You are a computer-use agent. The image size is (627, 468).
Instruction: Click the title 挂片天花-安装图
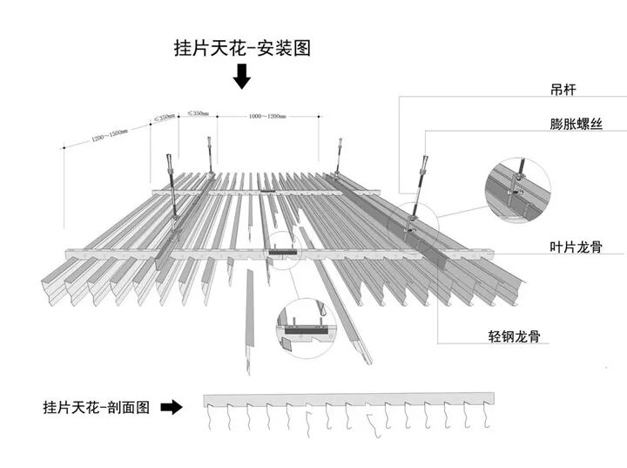click(242, 49)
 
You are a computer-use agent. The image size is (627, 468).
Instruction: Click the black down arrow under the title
click(242, 78)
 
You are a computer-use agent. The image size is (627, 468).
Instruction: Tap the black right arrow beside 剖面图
click(172, 406)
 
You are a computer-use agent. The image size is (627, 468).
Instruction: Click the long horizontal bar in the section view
click(348, 400)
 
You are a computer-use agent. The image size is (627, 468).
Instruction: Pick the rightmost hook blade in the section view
click(484, 420)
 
